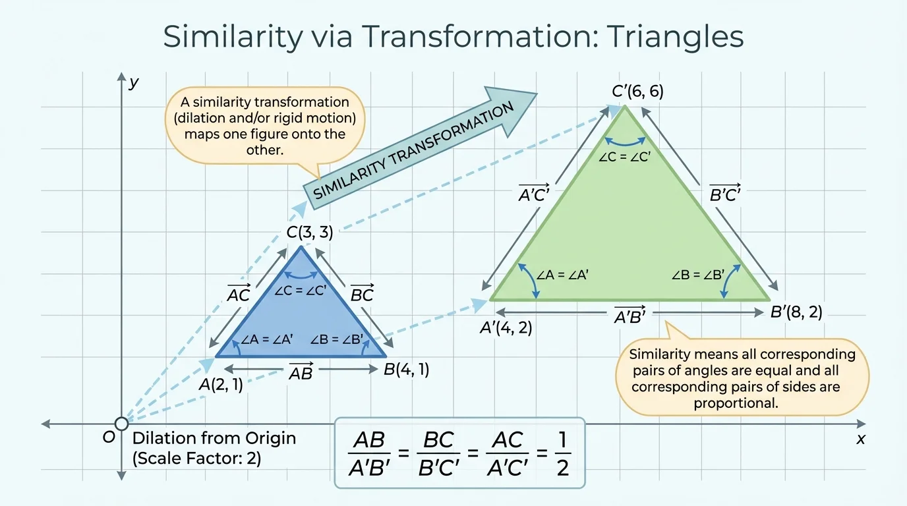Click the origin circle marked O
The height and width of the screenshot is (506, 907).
(121, 424)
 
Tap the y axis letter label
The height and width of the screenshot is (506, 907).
(134, 82)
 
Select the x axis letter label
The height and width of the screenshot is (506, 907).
(860, 439)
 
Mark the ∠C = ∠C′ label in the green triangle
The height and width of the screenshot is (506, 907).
(624, 157)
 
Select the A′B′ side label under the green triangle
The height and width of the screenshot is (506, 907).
(629, 316)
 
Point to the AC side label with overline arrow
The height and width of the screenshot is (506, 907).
(238, 294)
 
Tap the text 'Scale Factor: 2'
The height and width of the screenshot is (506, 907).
(197, 458)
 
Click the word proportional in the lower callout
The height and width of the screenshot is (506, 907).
(736, 403)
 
